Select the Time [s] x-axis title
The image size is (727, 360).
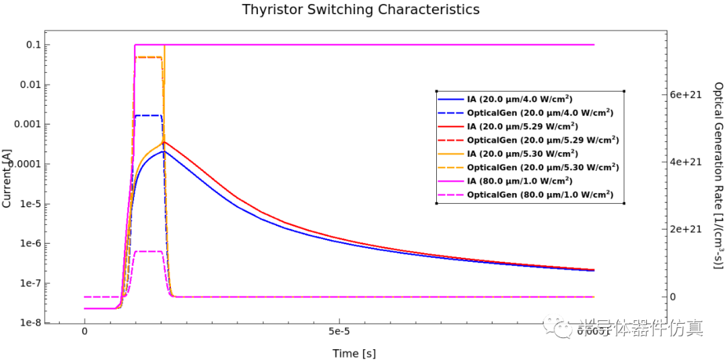click(x=354, y=353)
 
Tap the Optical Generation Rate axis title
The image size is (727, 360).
click(x=718, y=178)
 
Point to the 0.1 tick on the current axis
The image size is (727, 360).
click(x=32, y=45)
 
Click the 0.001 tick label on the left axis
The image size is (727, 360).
click(x=28, y=124)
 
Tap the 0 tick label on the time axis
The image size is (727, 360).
click(x=84, y=331)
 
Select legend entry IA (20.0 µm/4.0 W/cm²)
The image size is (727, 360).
click(x=520, y=99)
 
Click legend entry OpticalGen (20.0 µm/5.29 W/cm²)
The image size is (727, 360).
click(x=543, y=139)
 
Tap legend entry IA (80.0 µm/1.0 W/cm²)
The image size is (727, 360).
click(x=520, y=180)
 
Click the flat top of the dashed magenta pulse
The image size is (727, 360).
click(x=148, y=251)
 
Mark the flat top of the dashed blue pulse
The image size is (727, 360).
click(x=148, y=116)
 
